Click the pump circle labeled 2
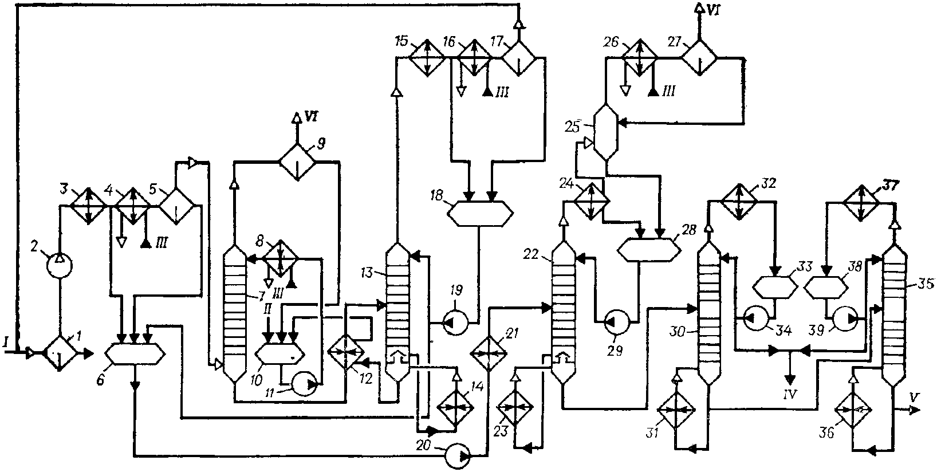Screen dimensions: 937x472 coord(59,265)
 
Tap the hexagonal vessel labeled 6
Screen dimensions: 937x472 coord(135,355)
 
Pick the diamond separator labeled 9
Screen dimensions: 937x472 coord(297,162)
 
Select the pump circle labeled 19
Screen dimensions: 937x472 coord(455,322)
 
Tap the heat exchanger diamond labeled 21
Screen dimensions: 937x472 coord(489,353)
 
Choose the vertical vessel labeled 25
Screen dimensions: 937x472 coord(606,132)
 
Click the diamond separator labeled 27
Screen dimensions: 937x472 coord(699,57)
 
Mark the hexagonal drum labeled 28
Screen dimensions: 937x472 coord(649,250)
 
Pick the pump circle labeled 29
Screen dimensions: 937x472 coord(617,322)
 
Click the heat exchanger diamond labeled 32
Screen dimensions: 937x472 coord(739,201)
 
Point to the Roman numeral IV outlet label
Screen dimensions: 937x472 coord(790,394)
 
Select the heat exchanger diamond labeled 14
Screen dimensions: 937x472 coord(455,407)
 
